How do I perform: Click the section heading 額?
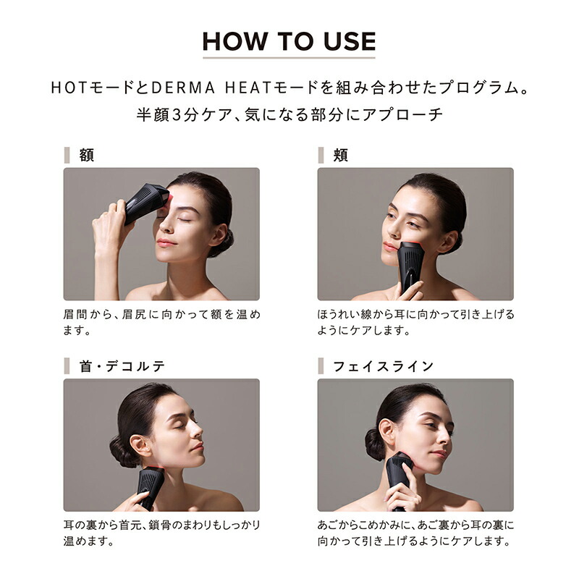point(87,155)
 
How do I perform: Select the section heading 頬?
point(340,155)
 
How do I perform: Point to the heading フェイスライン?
point(383,366)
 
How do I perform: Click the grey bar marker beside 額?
point(67,155)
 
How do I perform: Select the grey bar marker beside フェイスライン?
point(320,366)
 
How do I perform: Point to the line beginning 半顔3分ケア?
point(289,114)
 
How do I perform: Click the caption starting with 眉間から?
point(161,322)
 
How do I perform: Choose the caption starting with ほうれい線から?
point(416,322)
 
